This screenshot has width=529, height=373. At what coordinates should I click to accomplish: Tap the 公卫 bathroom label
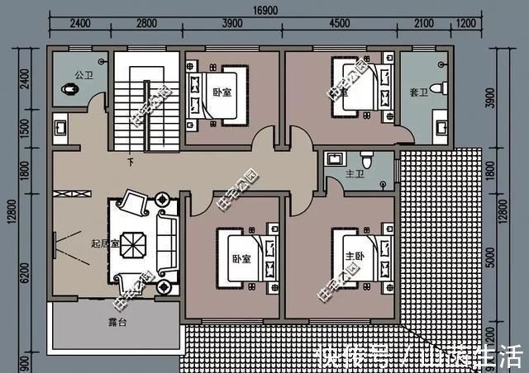(83, 74)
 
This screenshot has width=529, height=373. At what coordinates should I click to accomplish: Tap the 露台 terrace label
(117, 321)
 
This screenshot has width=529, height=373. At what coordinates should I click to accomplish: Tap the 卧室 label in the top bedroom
(221, 92)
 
